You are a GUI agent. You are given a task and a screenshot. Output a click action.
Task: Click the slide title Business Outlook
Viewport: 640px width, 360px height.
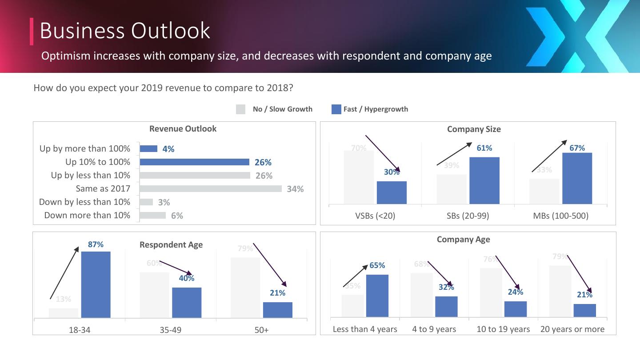click(125, 31)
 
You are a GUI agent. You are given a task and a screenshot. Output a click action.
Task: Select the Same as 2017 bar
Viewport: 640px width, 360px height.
click(211, 189)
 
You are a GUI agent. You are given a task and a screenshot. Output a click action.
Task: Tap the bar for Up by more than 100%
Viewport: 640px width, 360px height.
click(148, 149)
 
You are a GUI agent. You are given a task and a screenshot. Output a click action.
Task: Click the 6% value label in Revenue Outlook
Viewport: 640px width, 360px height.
click(177, 216)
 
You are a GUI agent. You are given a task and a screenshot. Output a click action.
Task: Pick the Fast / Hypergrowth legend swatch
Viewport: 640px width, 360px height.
click(336, 109)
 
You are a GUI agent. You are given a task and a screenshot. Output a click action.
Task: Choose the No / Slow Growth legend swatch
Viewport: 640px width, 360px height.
click(240, 109)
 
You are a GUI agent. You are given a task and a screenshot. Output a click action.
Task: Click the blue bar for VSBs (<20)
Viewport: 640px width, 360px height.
click(392, 192)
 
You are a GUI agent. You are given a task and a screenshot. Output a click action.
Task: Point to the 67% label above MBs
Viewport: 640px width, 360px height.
click(577, 148)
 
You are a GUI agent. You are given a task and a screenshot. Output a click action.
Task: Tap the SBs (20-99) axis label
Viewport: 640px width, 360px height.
click(468, 216)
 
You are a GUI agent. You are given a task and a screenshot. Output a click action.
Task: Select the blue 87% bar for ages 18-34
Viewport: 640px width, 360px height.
click(96, 284)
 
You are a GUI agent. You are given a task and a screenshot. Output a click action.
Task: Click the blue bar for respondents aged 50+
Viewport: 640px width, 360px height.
click(277, 310)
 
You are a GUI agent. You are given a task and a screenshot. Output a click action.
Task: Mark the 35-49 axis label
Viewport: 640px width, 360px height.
click(171, 330)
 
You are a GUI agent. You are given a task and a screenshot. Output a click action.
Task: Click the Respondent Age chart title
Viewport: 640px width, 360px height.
click(171, 245)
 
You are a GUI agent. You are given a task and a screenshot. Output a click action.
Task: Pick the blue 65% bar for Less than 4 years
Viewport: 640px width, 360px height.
click(377, 296)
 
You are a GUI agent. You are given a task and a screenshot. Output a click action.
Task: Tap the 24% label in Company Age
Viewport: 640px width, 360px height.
click(516, 292)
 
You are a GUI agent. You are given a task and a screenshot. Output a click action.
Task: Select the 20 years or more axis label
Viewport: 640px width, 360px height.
click(572, 329)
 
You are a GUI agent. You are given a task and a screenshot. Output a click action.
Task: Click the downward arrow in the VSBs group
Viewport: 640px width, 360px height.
click(382, 153)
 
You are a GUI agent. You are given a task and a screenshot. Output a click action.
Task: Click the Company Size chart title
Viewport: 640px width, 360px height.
click(474, 129)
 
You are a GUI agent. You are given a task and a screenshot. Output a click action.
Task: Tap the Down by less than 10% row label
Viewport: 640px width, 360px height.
click(84, 202)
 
